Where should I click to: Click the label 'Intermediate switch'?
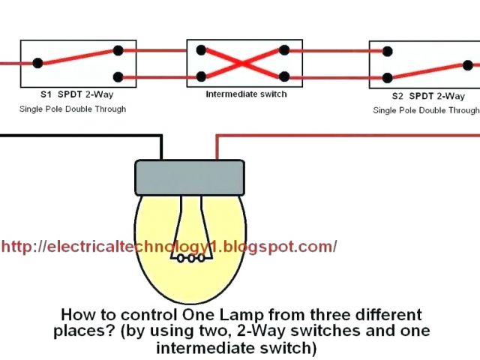click(x=246, y=94)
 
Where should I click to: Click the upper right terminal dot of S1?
click(x=118, y=51)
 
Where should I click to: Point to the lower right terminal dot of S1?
click(x=118, y=76)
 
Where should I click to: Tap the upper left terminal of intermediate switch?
click(x=201, y=51)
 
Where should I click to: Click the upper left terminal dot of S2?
click(x=387, y=52)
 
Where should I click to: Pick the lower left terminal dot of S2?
click(x=387, y=77)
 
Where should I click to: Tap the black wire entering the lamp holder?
click(x=161, y=150)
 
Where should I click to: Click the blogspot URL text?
click(x=169, y=246)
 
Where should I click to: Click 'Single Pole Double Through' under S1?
click(x=73, y=109)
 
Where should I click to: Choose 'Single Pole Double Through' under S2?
click(x=426, y=110)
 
